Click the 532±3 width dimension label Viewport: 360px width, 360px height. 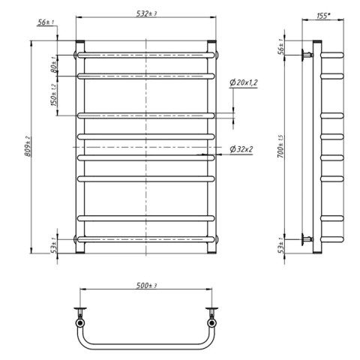[146, 13]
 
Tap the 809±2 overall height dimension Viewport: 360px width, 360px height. [27, 146]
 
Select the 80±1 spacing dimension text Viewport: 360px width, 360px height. [54, 64]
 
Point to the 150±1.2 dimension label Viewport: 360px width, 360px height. [54, 94]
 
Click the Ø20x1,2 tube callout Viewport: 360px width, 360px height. [244, 82]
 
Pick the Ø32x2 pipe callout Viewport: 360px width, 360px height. [241, 149]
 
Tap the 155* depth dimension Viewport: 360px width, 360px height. [323, 16]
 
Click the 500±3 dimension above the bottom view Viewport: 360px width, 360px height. [146, 285]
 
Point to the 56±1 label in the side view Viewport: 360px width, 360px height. [281, 46]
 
